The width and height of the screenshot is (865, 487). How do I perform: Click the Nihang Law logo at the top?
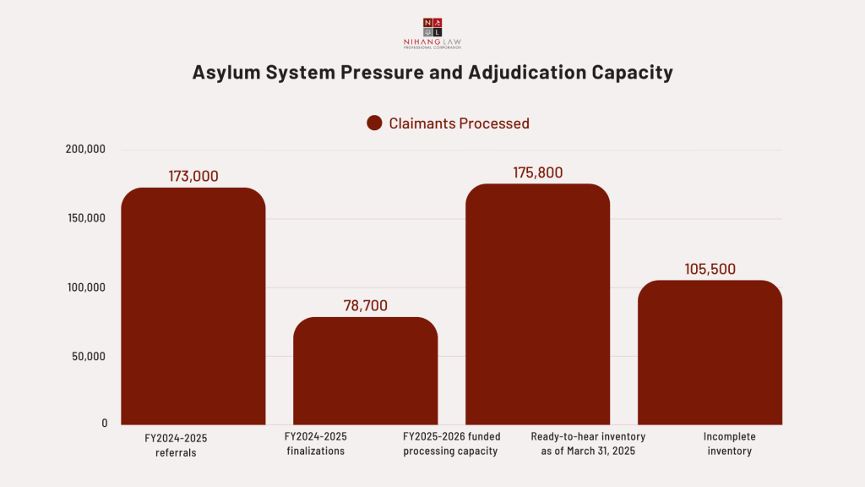(432, 33)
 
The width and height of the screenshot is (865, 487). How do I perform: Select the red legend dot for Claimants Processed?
(375, 123)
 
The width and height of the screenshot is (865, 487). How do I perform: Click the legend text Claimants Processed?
(459, 123)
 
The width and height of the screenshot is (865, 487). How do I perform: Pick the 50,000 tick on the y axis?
(88, 356)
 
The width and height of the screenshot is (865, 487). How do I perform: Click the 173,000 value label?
(193, 177)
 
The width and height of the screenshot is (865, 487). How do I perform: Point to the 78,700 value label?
(365, 306)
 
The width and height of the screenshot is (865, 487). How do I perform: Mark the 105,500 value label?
(710, 270)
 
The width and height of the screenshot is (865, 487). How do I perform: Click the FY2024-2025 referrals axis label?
(175, 444)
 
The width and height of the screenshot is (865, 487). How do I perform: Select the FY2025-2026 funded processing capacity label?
(450, 444)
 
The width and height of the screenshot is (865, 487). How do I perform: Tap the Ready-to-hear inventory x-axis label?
(588, 444)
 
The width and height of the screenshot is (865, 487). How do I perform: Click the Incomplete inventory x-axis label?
(729, 444)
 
